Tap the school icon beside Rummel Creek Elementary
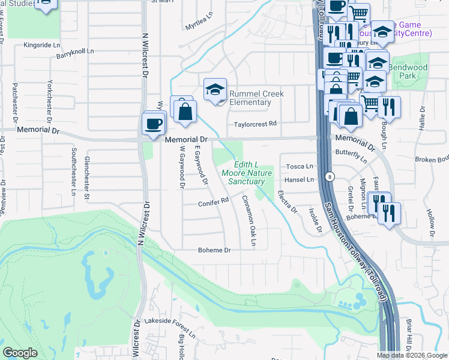click(x=215, y=89)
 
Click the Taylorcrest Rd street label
click(x=255, y=124)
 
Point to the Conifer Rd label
click(x=214, y=203)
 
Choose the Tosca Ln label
click(x=300, y=166)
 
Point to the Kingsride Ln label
click(x=42, y=45)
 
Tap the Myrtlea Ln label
click(x=199, y=25)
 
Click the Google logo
click(x=20, y=352)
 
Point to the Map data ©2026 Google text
click(x=412, y=355)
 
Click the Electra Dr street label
click(x=287, y=202)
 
